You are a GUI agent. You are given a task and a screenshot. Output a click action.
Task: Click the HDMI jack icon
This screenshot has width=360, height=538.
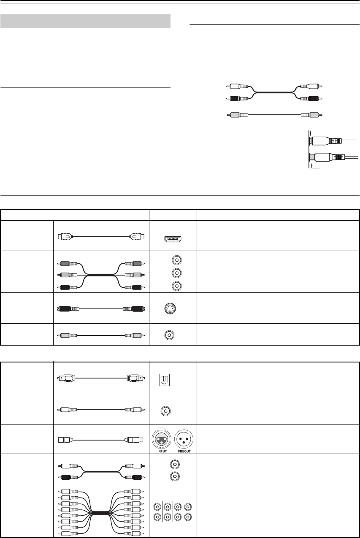tap(173, 241)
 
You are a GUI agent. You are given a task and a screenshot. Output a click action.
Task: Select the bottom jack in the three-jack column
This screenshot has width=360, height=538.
tap(173, 286)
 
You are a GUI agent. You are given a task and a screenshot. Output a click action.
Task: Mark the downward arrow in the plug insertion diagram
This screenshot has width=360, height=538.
tap(311, 133)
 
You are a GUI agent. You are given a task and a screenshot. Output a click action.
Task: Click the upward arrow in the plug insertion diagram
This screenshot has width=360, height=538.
tap(311, 166)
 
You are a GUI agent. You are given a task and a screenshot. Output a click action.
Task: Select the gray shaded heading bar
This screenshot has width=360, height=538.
tap(85, 21)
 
